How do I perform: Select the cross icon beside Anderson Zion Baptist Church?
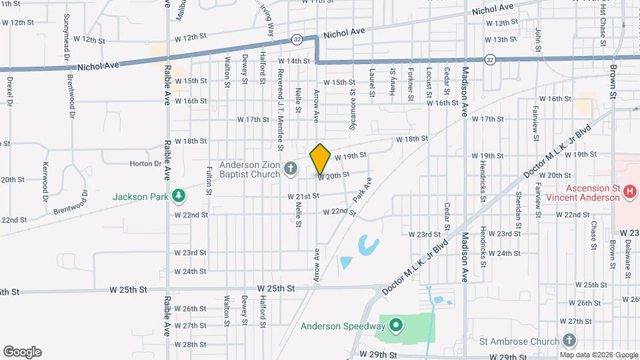tap(290, 168)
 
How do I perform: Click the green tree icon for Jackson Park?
tap(178, 196)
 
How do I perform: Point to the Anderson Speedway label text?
tap(343, 326)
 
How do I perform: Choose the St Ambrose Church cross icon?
tap(569, 341)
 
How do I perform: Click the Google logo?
tap(22, 352)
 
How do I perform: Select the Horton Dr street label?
tap(141, 163)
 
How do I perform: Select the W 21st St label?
tap(303, 196)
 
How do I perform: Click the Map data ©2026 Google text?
tap(597, 355)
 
